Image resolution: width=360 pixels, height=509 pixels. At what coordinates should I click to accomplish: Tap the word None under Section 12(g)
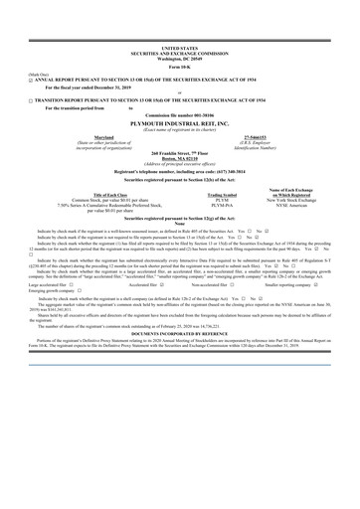179,224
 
